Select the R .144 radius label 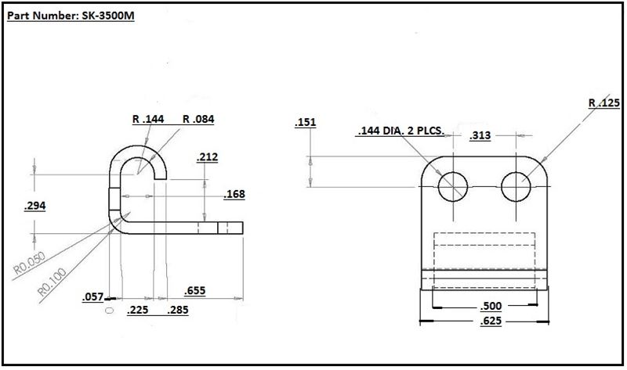pos(148,119)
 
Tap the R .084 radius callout pos(198,119)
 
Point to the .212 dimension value pos(207,157)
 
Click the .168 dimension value pos(234,194)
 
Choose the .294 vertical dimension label pos(34,206)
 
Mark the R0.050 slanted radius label pos(29,263)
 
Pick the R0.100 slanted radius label pos(52,282)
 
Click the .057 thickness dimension pos(92,297)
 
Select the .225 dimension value pos(138,310)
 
